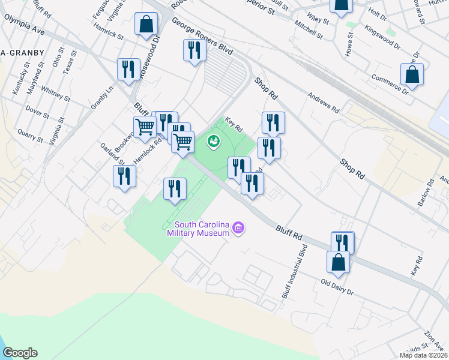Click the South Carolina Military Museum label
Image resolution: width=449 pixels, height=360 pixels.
click(197, 228)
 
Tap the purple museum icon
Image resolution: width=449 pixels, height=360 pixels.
click(239, 227)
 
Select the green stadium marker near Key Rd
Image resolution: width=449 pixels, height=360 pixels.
click(212, 142)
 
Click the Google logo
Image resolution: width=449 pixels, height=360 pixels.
click(20, 353)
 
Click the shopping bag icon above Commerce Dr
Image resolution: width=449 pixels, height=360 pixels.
click(412, 75)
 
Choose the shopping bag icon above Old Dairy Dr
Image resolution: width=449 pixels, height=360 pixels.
click(338, 262)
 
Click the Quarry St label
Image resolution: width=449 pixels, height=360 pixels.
click(30, 134)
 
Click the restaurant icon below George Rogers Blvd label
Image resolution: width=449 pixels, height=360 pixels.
click(194, 50)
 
